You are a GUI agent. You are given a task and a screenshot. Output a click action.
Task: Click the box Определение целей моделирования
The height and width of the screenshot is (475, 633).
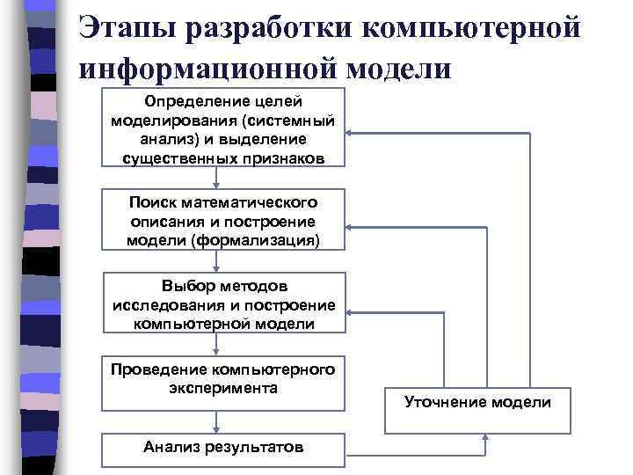223,127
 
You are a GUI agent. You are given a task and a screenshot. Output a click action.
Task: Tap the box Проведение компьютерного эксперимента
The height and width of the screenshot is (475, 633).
223,383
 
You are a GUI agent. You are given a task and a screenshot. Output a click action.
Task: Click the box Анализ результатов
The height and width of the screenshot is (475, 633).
223,448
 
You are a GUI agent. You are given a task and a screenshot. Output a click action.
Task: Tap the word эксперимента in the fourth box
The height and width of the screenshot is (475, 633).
223,387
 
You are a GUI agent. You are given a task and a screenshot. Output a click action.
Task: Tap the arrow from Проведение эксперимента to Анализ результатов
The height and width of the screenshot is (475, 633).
223,422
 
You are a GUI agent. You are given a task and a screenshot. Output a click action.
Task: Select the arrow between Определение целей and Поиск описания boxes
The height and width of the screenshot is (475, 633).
223,176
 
